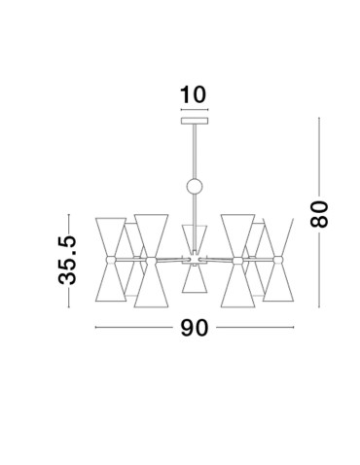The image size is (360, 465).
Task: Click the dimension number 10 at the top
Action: [194, 95]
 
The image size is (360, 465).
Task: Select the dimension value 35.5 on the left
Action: [67, 259]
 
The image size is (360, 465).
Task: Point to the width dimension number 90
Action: [196, 328]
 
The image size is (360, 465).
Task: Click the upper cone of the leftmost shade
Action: [112, 235]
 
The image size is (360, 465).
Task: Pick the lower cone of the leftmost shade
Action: [112, 282]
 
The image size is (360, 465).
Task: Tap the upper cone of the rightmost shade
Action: [281, 235]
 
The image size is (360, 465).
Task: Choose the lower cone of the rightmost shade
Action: [281, 282]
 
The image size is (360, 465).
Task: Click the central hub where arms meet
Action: [195, 258]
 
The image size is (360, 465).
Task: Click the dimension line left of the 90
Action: [136, 328]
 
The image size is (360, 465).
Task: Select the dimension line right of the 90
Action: [255, 328]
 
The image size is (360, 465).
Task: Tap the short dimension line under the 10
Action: [195, 112]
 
